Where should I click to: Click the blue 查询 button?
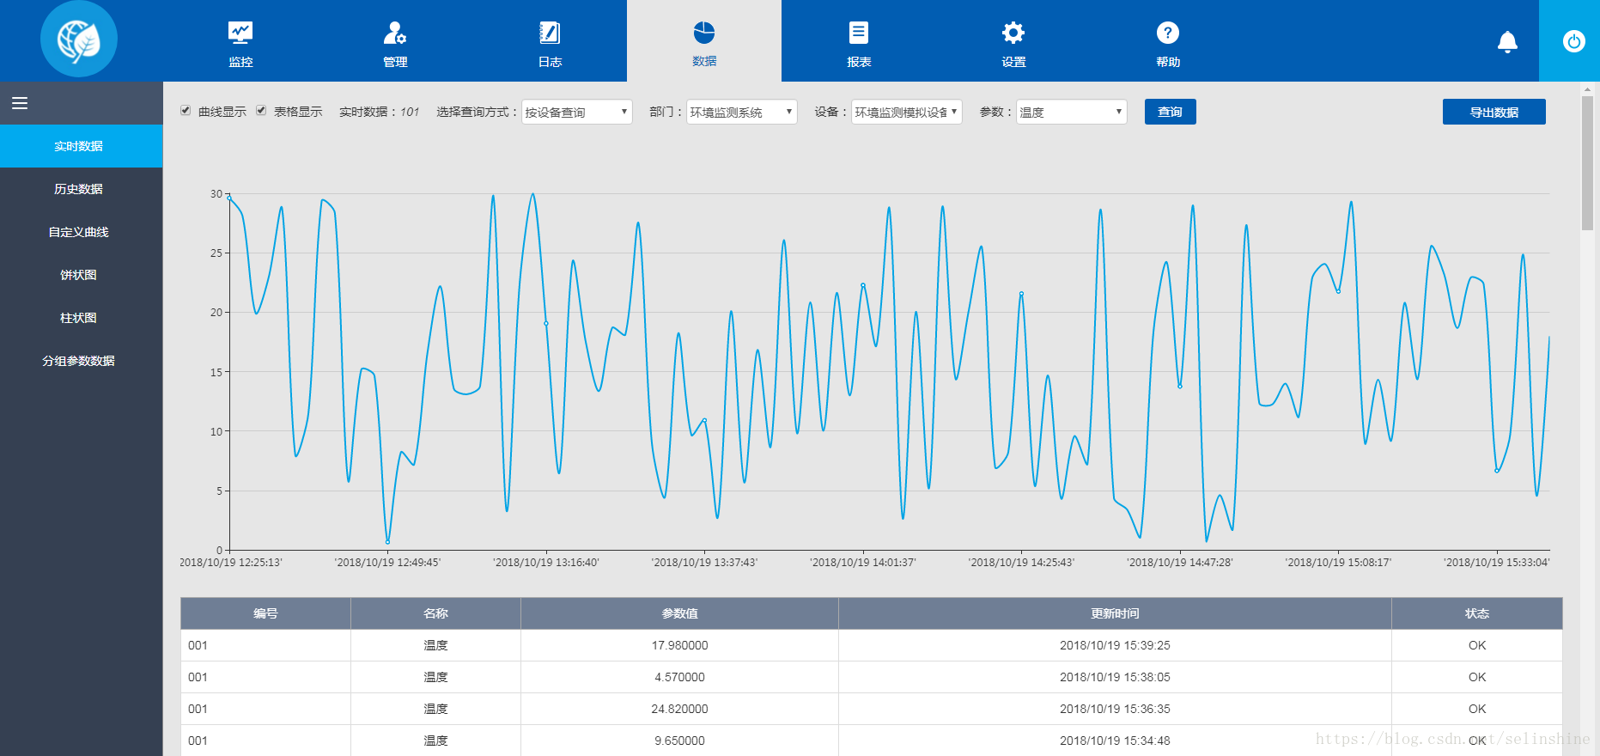(x=1170, y=112)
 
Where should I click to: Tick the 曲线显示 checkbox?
(x=186, y=111)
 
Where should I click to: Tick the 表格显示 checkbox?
(x=261, y=111)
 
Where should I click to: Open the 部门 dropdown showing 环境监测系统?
(x=741, y=112)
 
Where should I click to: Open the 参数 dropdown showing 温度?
(x=1071, y=112)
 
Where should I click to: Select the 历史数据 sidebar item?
(x=79, y=189)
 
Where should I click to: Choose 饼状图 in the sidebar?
(x=79, y=275)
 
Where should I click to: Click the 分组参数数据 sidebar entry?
(x=79, y=361)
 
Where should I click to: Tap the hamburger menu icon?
(x=20, y=103)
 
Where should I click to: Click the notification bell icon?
(x=1507, y=41)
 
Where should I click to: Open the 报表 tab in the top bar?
(x=859, y=43)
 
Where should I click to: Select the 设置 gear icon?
(x=1013, y=33)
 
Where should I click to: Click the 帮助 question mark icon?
(x=1168, y=33)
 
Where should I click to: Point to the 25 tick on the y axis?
(x=216, y=253)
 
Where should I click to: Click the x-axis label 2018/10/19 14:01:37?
(x=863, y=563)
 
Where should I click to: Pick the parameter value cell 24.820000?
(x=680, y=709)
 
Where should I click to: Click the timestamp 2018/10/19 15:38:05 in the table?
(x=1115, y=677)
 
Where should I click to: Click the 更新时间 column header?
(x=1115, y=613)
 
